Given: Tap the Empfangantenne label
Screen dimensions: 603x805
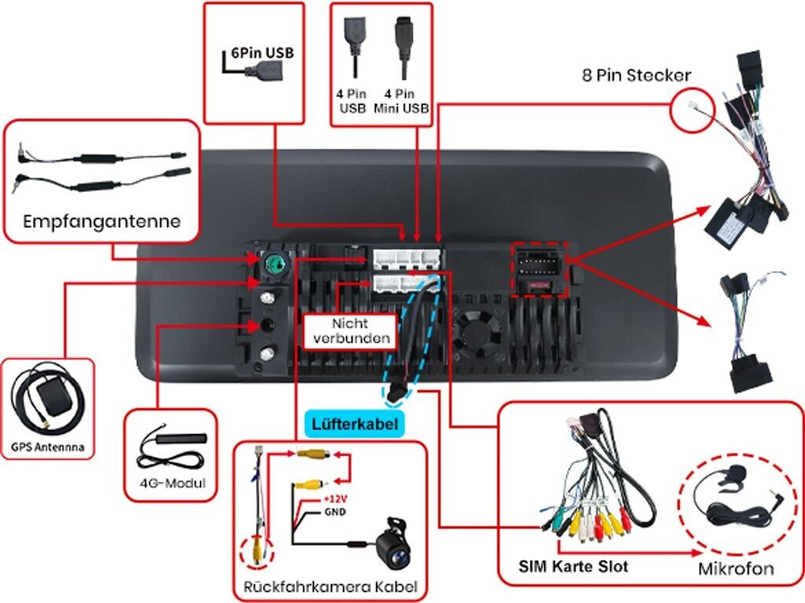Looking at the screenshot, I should [x=101, y=221].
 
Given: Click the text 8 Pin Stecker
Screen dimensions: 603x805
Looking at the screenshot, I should [x=637, y=75].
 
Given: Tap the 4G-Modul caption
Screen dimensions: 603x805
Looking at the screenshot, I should [x=171, y=483].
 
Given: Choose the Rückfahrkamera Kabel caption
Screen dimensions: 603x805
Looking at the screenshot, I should [x=330, y=586].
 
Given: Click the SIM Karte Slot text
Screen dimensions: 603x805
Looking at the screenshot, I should [x=573, y=566].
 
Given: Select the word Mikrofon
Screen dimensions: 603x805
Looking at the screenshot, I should [x=736, y=568].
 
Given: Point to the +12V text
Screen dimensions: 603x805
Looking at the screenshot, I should [x=334, y=500].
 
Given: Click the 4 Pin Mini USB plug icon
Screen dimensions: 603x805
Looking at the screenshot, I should [x=403, y=48].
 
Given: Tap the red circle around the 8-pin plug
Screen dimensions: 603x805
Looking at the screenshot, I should [x=693, y=108].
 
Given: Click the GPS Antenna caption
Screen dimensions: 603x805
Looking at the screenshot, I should [x=47, y=448].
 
